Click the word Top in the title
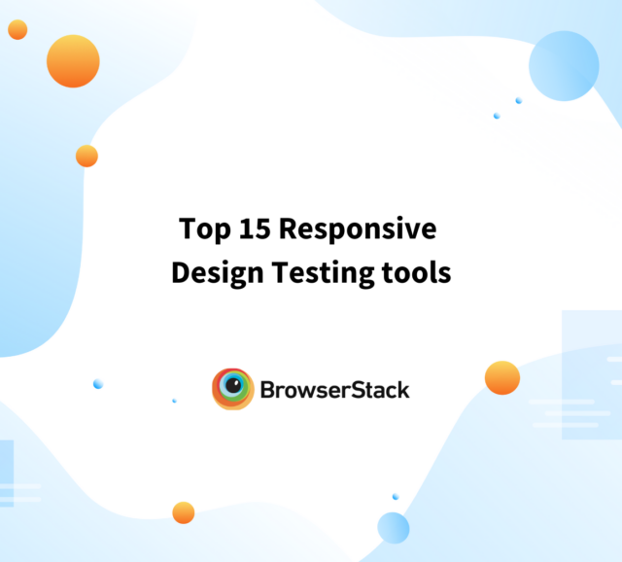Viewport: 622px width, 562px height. click(x=201, y=230)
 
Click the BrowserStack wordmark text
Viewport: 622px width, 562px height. click(x=334, y=390)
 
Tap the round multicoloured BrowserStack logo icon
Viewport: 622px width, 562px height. click(x=233, y=389)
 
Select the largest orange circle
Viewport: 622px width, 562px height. click(x=73, y=61)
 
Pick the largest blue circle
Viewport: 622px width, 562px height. click(x=564, y=65)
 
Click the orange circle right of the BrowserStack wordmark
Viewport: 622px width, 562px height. click(x=502, y=377)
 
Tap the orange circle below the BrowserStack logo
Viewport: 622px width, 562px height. click(x=184, y=512)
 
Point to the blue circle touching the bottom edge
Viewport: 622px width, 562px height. click(x=394, y=528)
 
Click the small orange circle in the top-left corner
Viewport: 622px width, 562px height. click(x=17, y=30)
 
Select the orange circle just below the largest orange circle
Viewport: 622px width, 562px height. click(x=86, y=156)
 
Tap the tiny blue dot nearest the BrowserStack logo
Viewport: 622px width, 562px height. click(x=174, y=401)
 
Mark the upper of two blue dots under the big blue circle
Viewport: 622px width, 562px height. click(x=519, y=100)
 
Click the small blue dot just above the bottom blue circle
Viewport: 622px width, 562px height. click(x=396, y=497)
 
